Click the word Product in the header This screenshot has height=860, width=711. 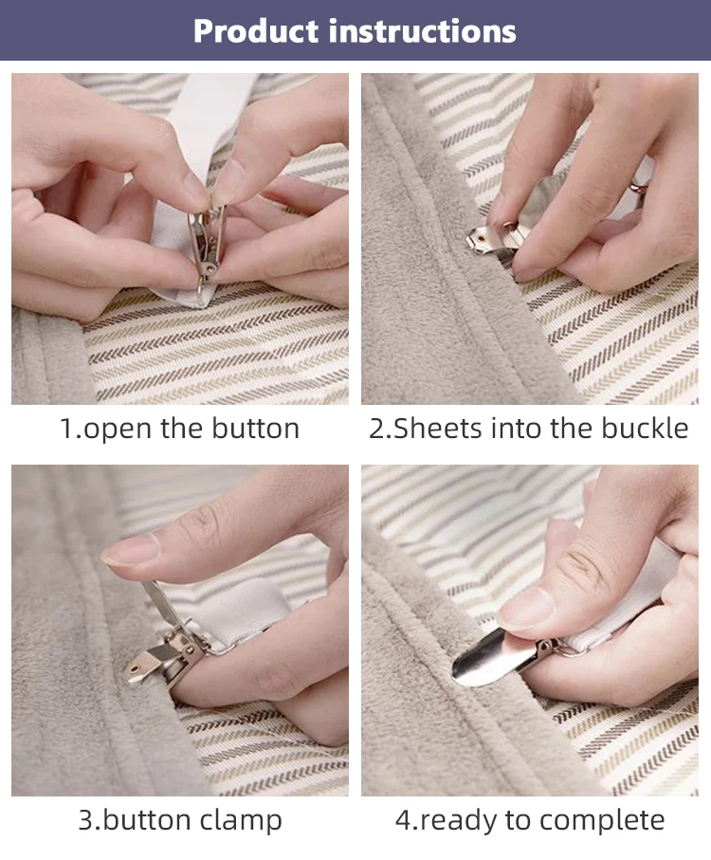point(256,30)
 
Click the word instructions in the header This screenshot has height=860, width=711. point(422,30)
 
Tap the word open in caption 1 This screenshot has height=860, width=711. point(118,430)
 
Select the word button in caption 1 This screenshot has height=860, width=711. point(255,428)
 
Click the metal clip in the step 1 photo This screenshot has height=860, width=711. point(206,244)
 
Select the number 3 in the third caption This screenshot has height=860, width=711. point(86,820)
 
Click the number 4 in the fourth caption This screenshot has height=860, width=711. point(403,820)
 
